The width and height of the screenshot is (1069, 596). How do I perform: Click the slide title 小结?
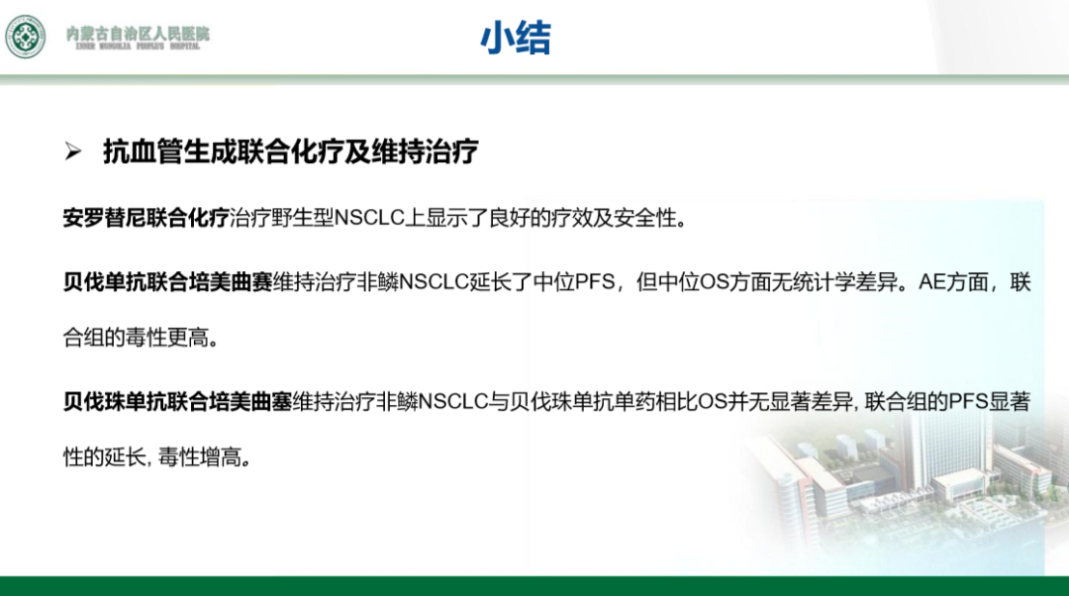516,38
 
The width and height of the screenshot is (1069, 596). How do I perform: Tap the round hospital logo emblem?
26,37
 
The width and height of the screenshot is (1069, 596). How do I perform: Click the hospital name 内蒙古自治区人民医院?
138,33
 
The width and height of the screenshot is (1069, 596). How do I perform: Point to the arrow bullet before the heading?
73,151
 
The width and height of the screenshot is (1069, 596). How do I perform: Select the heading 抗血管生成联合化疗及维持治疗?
291,151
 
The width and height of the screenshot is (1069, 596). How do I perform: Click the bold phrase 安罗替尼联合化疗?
146,218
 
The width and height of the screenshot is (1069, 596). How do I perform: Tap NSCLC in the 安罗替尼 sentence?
369,218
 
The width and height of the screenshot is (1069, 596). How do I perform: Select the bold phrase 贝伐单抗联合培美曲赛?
167,281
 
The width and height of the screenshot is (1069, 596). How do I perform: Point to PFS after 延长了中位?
595,281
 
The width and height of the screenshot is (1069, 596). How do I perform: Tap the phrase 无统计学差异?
834,281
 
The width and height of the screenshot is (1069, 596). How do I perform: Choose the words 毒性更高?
167,337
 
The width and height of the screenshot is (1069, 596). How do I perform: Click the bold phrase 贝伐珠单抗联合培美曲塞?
177,402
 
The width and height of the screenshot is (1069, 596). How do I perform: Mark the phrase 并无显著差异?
791,402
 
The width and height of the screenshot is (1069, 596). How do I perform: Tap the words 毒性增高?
199,456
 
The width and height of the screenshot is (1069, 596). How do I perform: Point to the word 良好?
510,218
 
